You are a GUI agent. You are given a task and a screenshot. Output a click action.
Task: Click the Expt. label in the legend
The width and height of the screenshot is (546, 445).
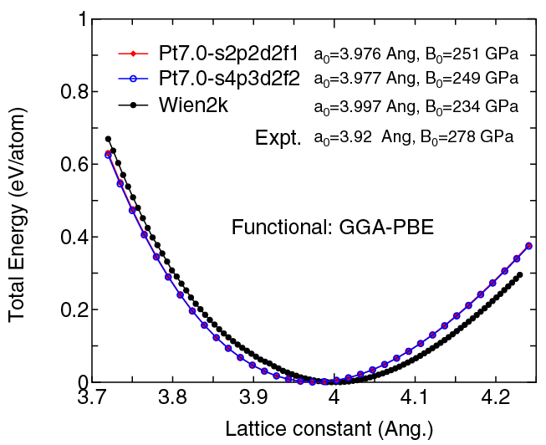click(x=278, y=138)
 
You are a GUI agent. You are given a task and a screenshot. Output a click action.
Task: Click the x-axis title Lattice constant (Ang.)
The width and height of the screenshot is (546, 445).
click(x=329, y=429)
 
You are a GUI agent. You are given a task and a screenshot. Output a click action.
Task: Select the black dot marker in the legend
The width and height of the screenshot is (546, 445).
click(x=134, y=105)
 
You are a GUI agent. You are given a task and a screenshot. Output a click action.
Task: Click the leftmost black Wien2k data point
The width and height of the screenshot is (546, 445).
click(x=108, y=139)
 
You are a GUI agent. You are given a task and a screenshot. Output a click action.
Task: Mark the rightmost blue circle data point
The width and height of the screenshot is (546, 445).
click(x=528, y=246)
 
